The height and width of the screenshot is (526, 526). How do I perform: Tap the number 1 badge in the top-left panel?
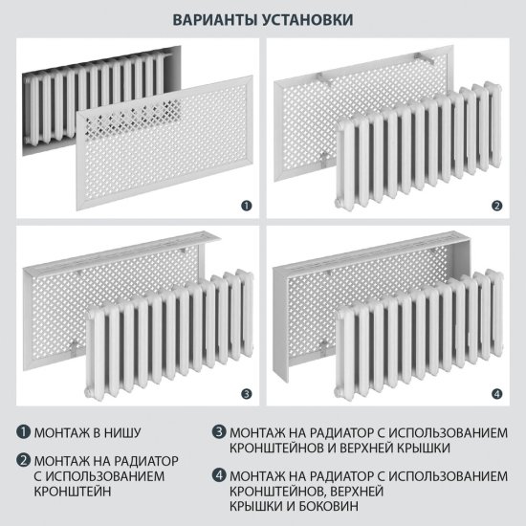(246, 205)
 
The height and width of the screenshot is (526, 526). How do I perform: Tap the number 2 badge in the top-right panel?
(496, 205)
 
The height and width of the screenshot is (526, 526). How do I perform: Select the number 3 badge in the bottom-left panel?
(246, 392)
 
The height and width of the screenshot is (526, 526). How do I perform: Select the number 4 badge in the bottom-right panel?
(496, 392)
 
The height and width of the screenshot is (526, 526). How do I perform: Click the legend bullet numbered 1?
(22, 431)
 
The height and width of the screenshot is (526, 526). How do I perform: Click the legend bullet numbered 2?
(22, 457)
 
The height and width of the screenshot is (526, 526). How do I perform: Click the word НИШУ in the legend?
(131, 431)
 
